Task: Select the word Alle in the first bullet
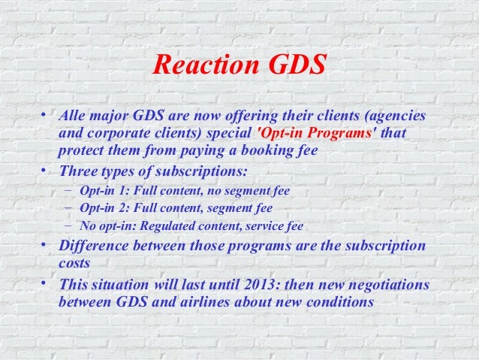point(73,117)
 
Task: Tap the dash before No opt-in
point(68,225)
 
